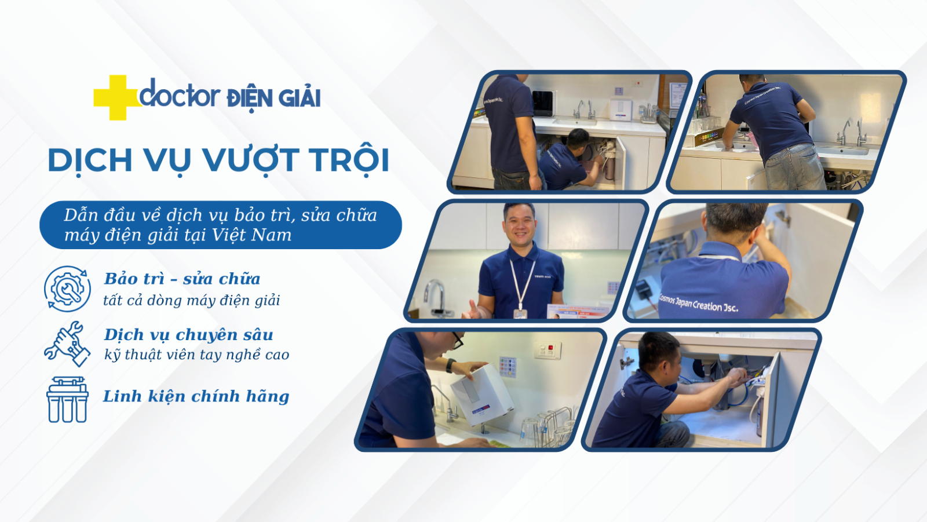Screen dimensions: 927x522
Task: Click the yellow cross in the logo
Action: [x=118, y=98]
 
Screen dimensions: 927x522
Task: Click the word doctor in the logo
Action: [x=179, y=93]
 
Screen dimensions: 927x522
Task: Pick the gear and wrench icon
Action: [x=67, y=289]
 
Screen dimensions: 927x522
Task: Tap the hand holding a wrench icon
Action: [x=67, y=344]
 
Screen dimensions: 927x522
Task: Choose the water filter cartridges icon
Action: [x=67, y=400]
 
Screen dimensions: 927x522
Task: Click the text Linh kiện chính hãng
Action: [x=196, y=397]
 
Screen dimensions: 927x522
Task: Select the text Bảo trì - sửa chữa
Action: [x=182, y=279]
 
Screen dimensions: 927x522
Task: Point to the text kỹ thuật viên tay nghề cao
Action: [x=196, y=355]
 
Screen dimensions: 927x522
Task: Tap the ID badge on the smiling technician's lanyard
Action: [x=520, y=314]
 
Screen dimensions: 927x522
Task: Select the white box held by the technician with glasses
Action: [x=482, y=394]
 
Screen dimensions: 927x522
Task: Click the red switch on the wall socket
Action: [x=550, y=348]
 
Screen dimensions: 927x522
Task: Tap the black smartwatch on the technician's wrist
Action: [x=450, y=366]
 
